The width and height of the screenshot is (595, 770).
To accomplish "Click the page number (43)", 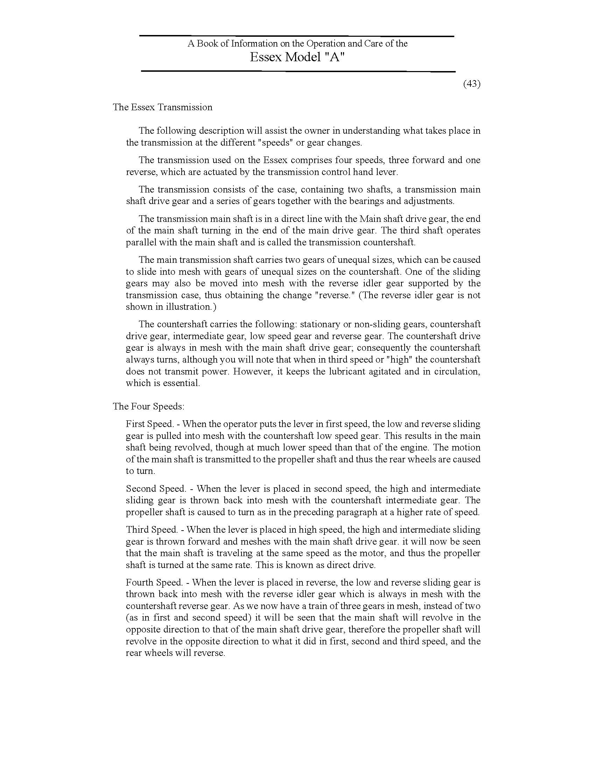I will [x=472, y=84].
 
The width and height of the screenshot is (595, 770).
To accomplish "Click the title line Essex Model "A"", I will [x=297, y=57].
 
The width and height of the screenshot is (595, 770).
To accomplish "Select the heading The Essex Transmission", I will [x=162, y=107].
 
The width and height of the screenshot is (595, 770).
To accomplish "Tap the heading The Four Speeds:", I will [x=148, y=406].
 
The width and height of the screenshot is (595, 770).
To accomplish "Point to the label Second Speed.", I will [x=156, y=489].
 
